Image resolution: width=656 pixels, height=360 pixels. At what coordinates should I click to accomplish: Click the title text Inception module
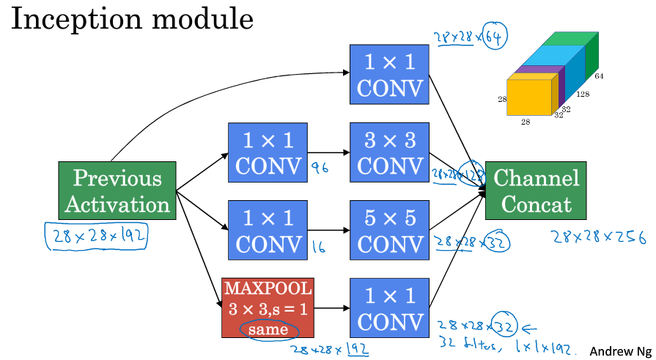tap(132, 20)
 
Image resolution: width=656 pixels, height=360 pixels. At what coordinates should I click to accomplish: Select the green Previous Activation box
tap(117, 191)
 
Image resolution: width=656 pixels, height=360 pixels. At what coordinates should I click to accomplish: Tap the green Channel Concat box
tap(537, 191)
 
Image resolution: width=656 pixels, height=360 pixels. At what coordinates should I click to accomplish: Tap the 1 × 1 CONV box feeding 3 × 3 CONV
tap(267, 152)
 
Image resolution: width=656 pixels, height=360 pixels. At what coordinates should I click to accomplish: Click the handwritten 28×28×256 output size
tap(599, 237)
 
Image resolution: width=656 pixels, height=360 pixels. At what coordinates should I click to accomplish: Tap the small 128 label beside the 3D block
tap(583, 95)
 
